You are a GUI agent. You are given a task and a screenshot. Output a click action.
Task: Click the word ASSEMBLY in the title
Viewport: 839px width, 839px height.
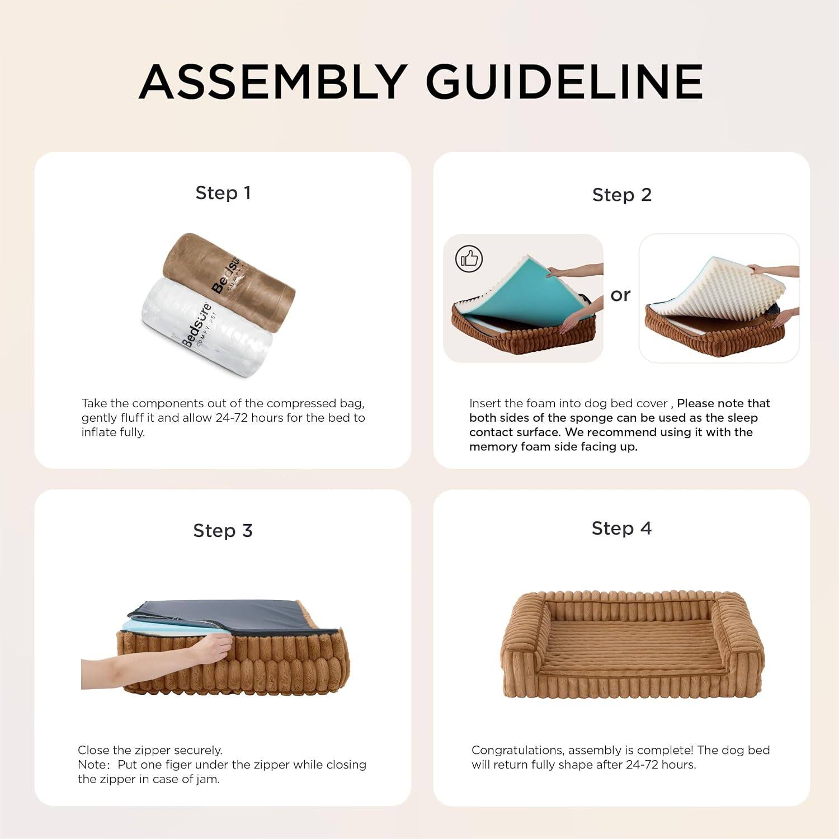click(273, 82)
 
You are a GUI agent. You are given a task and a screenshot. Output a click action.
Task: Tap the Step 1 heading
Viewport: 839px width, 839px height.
click(223, 193)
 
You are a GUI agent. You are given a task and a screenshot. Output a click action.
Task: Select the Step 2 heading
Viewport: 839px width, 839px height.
click(621, 195)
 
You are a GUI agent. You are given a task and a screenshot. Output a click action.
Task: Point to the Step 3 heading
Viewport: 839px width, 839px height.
click(223, 531)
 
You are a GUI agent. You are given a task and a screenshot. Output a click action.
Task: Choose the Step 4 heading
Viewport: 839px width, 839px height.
click(621, 529)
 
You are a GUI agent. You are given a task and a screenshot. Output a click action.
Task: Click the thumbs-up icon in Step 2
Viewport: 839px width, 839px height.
click(469, 259)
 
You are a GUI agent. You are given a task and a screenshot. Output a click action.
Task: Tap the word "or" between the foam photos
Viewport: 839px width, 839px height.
click(620, 295)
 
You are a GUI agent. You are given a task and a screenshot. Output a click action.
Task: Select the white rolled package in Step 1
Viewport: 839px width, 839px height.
click(204, 324)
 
